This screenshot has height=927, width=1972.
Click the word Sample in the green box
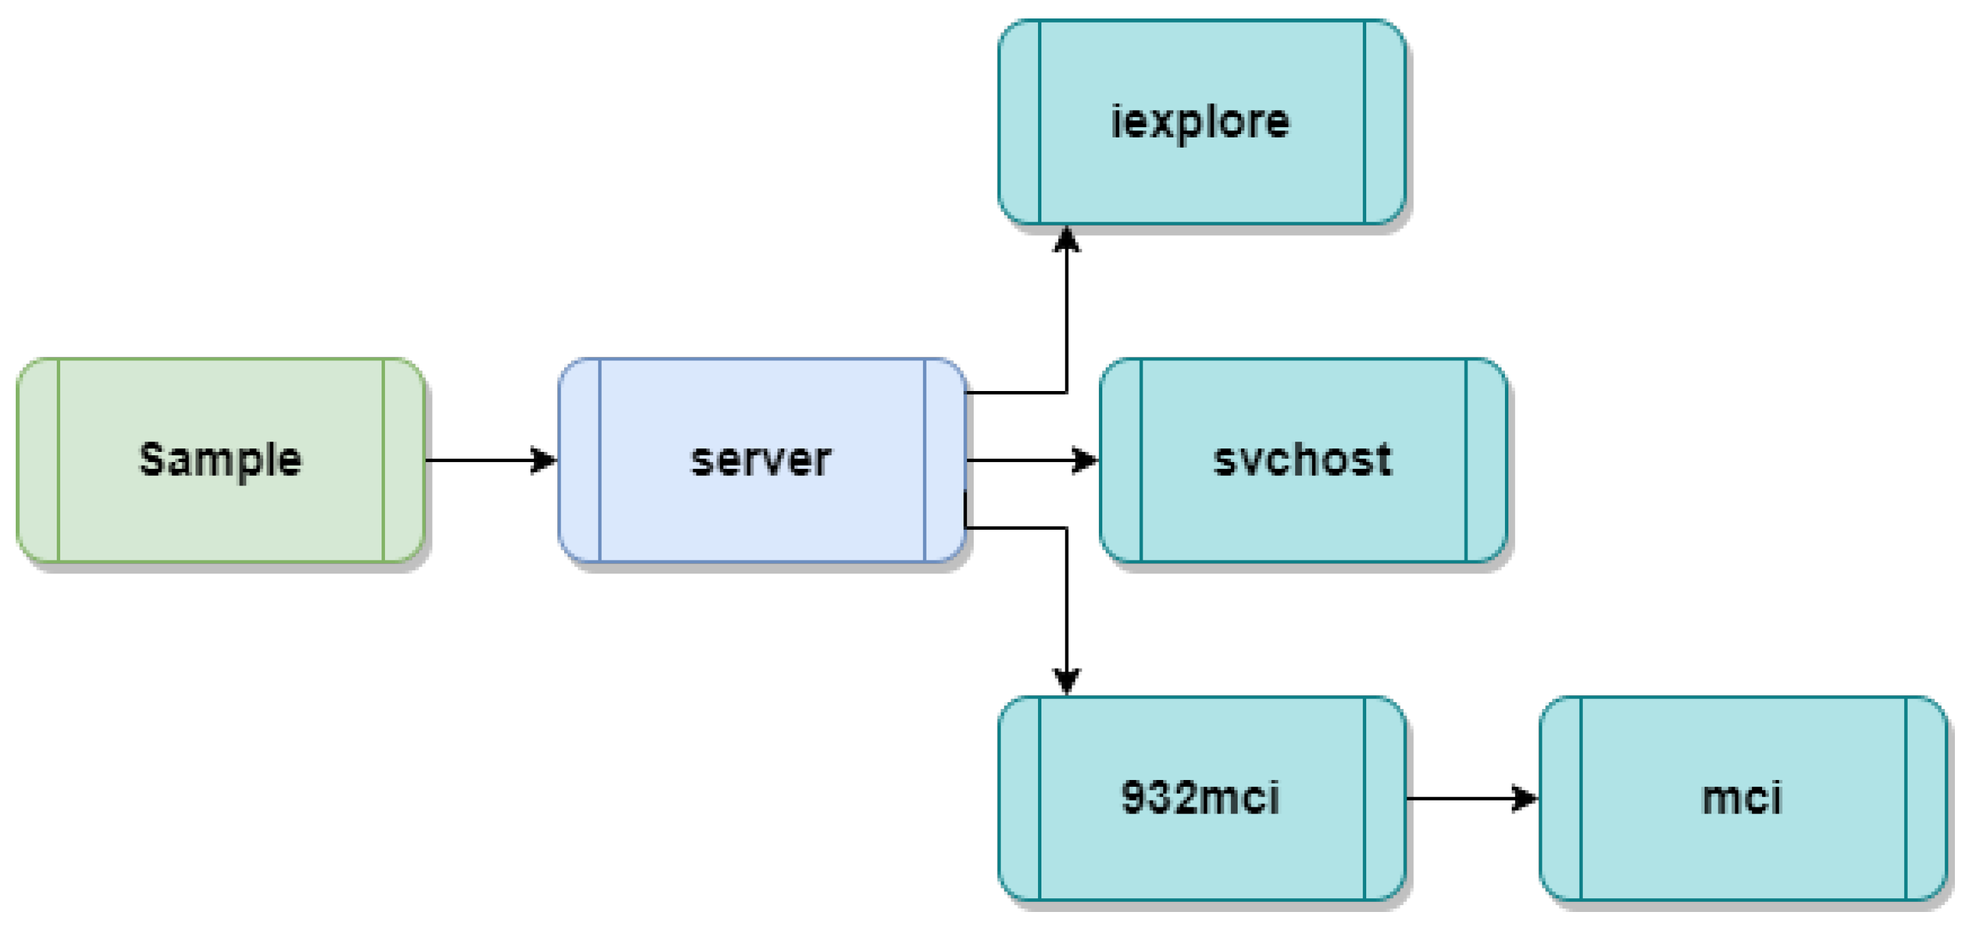(x=220, y=459)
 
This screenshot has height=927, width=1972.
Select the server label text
(x=761, y=459)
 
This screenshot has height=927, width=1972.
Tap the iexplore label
(x=1200, y=121)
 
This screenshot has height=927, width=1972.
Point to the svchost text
(x=1302, y=459)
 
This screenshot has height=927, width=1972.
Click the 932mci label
(x=1200, y=798)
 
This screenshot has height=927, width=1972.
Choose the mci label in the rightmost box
(x=1742, y=798)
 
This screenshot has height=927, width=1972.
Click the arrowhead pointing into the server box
(x=544, y=460)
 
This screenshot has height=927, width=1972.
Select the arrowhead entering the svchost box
(x=1084, y=460)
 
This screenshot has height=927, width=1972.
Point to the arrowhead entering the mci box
(x=1524, y=798)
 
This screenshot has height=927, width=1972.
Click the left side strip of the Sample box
(x=38, y=460)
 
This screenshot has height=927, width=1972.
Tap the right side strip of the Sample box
(x=403, y=460)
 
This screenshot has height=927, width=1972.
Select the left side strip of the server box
(x=580, y=460)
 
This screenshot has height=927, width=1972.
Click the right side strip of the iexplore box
(x=1385, y=122)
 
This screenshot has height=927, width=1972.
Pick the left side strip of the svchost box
(x=1121, y=460)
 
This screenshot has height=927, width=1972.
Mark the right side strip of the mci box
(x=1926, y=798)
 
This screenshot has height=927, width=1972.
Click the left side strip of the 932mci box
(x=1019, y=798)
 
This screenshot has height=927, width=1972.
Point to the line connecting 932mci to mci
(x=1458, y=798)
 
